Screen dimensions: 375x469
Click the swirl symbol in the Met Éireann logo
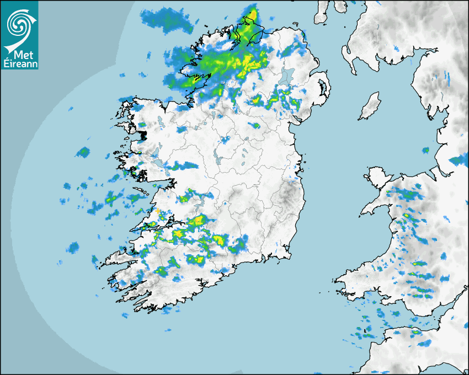(19, 23)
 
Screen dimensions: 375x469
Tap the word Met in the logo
(21, 55)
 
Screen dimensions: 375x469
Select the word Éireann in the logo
(19, 63)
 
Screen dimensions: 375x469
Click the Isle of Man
(370, 106)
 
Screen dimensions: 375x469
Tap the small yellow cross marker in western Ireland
(157, 211)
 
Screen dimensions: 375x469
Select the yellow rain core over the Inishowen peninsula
(252, 15)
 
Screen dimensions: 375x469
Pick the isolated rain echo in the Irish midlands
(225, 140)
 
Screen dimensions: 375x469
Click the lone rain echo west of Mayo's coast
(83, 151)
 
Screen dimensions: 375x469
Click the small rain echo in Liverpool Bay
(425, 150)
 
